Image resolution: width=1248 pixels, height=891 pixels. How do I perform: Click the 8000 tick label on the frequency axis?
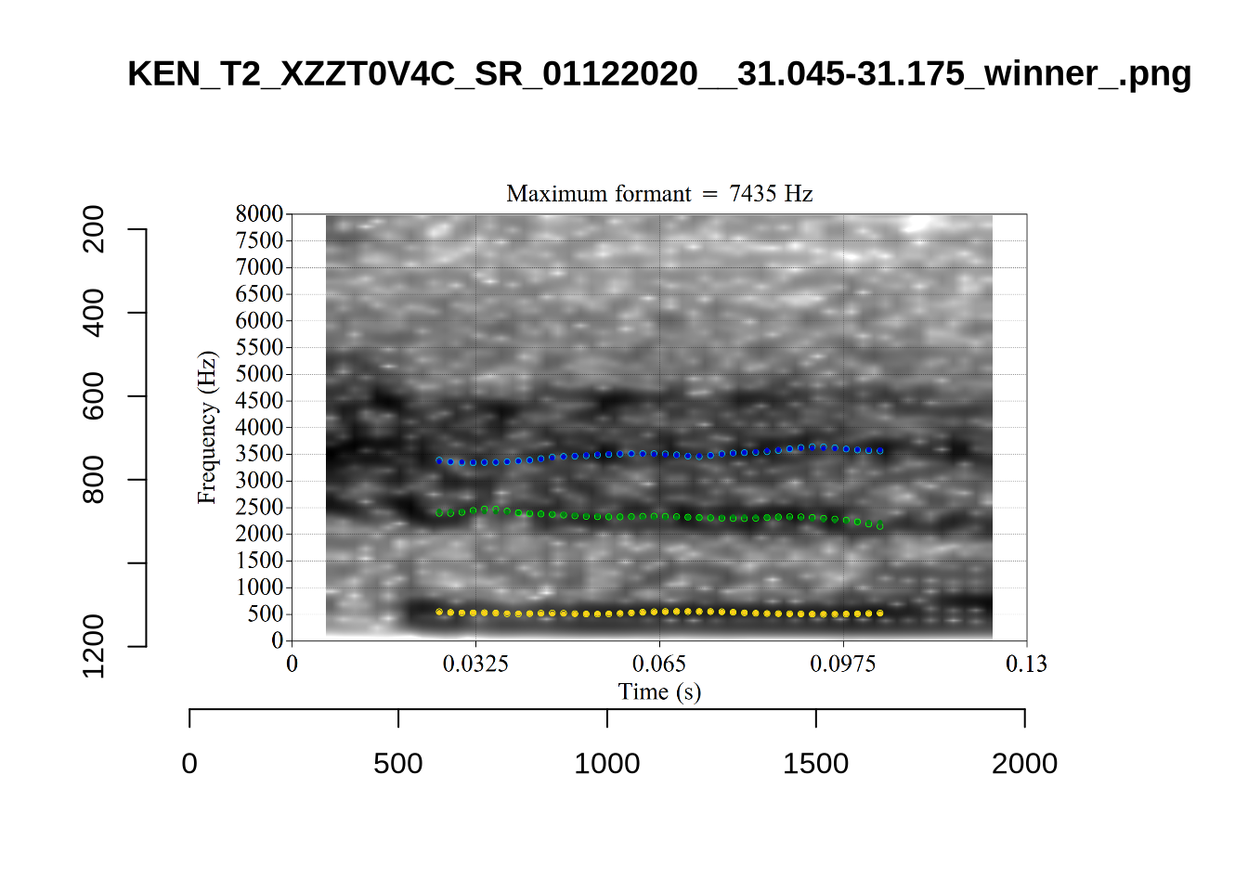pos(259,214)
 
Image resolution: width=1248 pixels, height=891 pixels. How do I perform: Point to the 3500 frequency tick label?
pos(259,454)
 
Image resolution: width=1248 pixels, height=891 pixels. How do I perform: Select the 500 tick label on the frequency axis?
pos(266,614)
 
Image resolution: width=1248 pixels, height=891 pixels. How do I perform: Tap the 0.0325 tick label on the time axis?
pos(475,664)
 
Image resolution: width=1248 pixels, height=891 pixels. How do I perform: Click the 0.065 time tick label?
pos(659,664)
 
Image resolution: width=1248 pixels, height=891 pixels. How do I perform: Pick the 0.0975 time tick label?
pos(843,664)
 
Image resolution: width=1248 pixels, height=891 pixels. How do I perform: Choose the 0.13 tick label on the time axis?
pos(1026,664)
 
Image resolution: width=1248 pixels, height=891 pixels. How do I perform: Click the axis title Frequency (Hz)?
pos(206,427)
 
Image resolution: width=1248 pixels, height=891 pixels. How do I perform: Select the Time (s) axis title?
pos(659,691)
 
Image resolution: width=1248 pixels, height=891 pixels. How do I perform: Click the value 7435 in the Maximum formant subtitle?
pos(753,194)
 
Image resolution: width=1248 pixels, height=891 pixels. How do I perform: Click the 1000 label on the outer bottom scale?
pos(607,764)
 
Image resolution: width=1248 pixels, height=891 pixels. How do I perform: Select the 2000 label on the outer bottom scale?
pos(1024,764)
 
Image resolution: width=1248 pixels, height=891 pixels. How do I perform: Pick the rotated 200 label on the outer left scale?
pos(94,229)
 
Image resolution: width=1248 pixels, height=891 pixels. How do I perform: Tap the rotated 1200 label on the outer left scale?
pos(94,646)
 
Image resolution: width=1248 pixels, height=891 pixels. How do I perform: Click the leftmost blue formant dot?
pos(439,460)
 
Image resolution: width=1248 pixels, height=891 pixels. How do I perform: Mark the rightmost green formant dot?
pos(880,526)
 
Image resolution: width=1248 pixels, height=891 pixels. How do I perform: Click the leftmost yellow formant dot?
pos(439,613)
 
